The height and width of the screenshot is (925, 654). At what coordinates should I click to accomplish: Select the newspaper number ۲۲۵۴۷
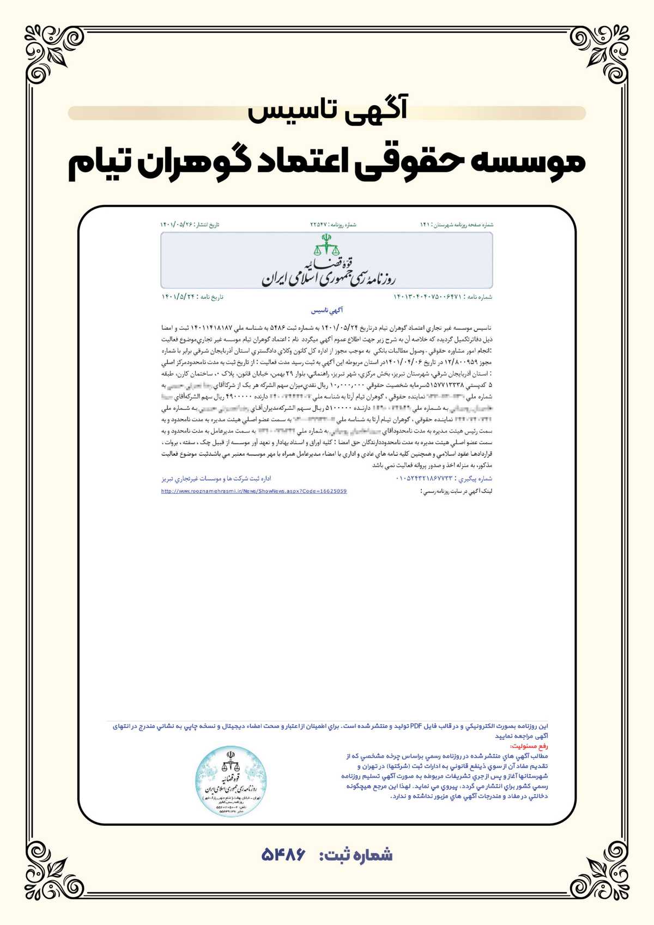(x=318, y=225)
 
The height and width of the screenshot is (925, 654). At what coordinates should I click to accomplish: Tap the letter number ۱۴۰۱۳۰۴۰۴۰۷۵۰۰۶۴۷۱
(x=428, y=297)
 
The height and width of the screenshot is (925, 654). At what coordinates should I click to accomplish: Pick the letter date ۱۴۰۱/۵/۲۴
(x=178, y=297)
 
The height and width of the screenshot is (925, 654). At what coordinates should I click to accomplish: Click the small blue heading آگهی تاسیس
(x=327, y=311)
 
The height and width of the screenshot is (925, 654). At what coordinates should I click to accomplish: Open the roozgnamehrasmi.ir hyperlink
(x=254, y=491)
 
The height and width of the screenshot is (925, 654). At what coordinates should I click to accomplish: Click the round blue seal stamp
(x=232, y=781)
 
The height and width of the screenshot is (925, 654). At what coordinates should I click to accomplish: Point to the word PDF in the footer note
(x=416, y=726)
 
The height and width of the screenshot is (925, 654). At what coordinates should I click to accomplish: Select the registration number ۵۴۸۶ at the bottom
(x=283, y=855)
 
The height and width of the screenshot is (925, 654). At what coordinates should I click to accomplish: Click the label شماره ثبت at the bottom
(x=356, y=855)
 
